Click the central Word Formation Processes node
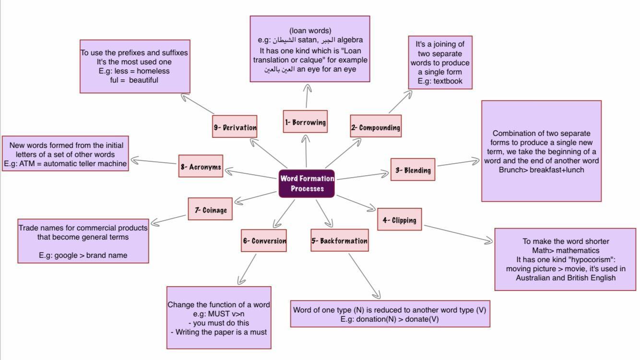[307, 183]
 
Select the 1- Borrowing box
[305, 122]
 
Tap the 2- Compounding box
[376, 127]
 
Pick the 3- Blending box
[413, 169]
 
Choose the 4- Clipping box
[399, 220]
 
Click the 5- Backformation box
[340, 240]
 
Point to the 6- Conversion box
[264, 240]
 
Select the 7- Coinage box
[211, 209]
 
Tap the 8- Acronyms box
[201, 167]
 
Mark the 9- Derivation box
[235, 127]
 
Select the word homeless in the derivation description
[153, 71]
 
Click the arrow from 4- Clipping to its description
[458, 234]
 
